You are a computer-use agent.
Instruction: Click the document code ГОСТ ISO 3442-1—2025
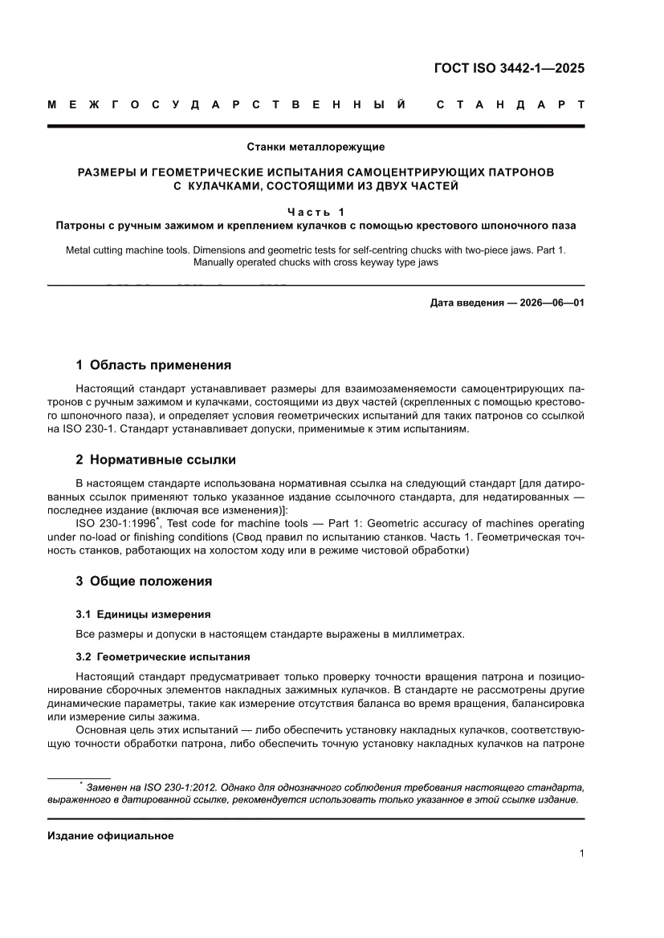pos(509,67)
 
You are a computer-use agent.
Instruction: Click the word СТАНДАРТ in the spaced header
pos(509,105)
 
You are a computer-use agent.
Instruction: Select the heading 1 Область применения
pos(153,365)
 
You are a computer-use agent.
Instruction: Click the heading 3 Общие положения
pos(144,581)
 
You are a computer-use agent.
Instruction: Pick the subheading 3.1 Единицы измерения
pos(143,614)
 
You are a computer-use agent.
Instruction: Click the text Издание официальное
pos(111,835)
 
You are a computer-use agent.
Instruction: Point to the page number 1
pos(581,854)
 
